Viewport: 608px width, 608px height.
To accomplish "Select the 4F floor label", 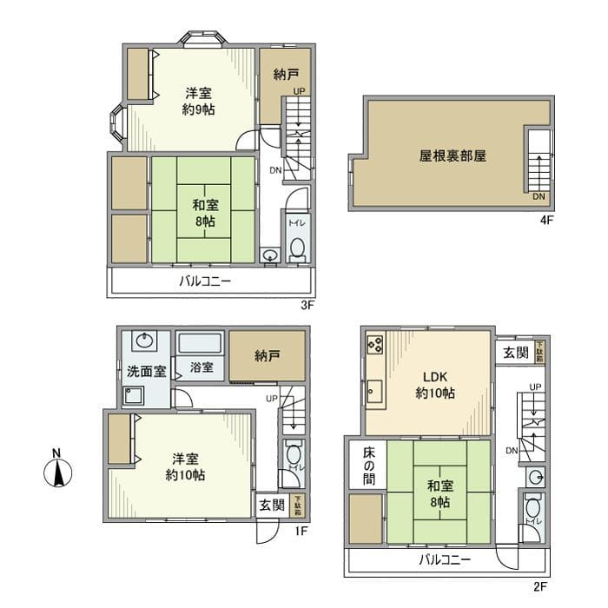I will click(545, 221).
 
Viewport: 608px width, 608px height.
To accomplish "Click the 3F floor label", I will click(306, 305).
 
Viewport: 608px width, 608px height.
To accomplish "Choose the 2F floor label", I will click(540, 586).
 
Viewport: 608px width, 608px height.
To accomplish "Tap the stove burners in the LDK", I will click(376, 345).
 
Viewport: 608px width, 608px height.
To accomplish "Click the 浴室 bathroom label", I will click(202, 367).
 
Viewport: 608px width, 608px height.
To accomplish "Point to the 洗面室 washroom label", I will click(146, 372).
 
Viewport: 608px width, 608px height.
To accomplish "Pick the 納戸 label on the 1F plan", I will click(268, 355).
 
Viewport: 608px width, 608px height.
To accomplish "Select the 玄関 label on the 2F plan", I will click(515, 353).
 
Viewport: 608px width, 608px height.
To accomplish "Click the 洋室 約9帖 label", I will click(199, 101).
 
